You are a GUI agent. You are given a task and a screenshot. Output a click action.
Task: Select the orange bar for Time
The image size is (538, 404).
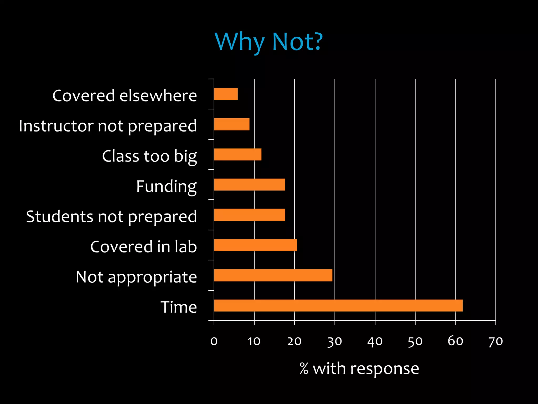338,305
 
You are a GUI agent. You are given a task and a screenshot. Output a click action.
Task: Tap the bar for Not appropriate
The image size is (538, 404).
273,275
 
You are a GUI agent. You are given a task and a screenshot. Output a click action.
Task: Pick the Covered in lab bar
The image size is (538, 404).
255,245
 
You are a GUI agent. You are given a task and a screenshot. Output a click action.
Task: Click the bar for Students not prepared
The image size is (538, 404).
249,215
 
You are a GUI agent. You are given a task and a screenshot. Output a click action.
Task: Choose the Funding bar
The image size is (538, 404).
249,184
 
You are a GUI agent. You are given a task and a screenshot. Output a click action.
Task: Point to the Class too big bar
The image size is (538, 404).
237,154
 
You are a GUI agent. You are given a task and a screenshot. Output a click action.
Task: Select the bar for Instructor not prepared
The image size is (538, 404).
231,124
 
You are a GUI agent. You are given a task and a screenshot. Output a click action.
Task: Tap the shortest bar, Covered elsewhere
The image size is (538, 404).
226,94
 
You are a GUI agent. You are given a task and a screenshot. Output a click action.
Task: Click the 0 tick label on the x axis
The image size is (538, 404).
214,341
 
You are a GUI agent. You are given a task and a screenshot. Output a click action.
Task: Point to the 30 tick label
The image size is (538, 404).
335,341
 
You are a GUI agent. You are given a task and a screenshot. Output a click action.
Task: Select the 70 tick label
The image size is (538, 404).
495,341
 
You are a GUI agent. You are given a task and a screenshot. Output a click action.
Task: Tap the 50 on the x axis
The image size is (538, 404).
415,341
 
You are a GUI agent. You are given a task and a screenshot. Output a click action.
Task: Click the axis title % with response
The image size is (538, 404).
359,368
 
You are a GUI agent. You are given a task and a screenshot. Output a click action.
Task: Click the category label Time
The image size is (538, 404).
179,307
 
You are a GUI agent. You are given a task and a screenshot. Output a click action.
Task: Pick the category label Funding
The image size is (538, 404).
166,186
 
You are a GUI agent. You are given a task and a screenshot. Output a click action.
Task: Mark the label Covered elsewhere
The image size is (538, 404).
125,95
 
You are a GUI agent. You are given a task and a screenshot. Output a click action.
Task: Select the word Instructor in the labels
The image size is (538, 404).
56,126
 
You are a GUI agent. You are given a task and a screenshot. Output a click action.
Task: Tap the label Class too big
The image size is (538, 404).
149,156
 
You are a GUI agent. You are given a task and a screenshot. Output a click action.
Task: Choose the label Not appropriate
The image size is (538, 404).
136,277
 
